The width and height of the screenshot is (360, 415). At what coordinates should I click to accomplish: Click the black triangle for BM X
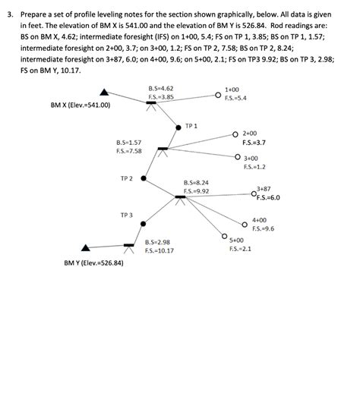[104, 93]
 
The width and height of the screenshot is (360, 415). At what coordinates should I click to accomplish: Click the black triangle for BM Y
[85, 248]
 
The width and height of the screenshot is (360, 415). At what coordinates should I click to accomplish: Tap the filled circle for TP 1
[178, 127]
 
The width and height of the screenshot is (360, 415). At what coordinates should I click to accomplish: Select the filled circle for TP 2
[144, 178]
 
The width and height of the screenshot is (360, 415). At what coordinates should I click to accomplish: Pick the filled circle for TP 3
[143, 224]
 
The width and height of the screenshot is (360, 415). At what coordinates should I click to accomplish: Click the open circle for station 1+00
[218, 95]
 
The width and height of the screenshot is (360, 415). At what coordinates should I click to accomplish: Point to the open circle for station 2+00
[235, 134]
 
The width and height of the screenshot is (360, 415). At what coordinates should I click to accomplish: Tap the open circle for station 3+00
[238, 157]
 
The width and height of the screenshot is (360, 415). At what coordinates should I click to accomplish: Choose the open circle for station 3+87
[254, 194]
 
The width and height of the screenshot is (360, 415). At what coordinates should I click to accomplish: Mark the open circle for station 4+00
[245, 225]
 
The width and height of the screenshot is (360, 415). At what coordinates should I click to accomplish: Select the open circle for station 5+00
[224, 236]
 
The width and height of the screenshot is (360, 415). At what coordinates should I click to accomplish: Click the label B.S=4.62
[161, 89]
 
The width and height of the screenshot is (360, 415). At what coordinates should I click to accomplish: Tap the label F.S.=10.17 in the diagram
[159, 250]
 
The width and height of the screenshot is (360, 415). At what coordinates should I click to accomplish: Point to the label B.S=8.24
[196, 183]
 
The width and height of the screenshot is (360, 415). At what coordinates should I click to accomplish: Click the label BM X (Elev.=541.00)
[81, 105]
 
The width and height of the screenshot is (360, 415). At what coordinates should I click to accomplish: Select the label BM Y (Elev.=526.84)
[93, 263]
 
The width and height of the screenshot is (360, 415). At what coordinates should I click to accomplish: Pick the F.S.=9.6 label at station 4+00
[263, 228]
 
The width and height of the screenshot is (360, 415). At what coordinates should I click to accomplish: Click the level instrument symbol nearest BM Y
[129, 248]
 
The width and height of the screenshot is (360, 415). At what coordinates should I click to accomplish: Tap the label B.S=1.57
[129, 143]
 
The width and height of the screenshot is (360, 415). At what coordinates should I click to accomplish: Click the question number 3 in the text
[10, 14]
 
